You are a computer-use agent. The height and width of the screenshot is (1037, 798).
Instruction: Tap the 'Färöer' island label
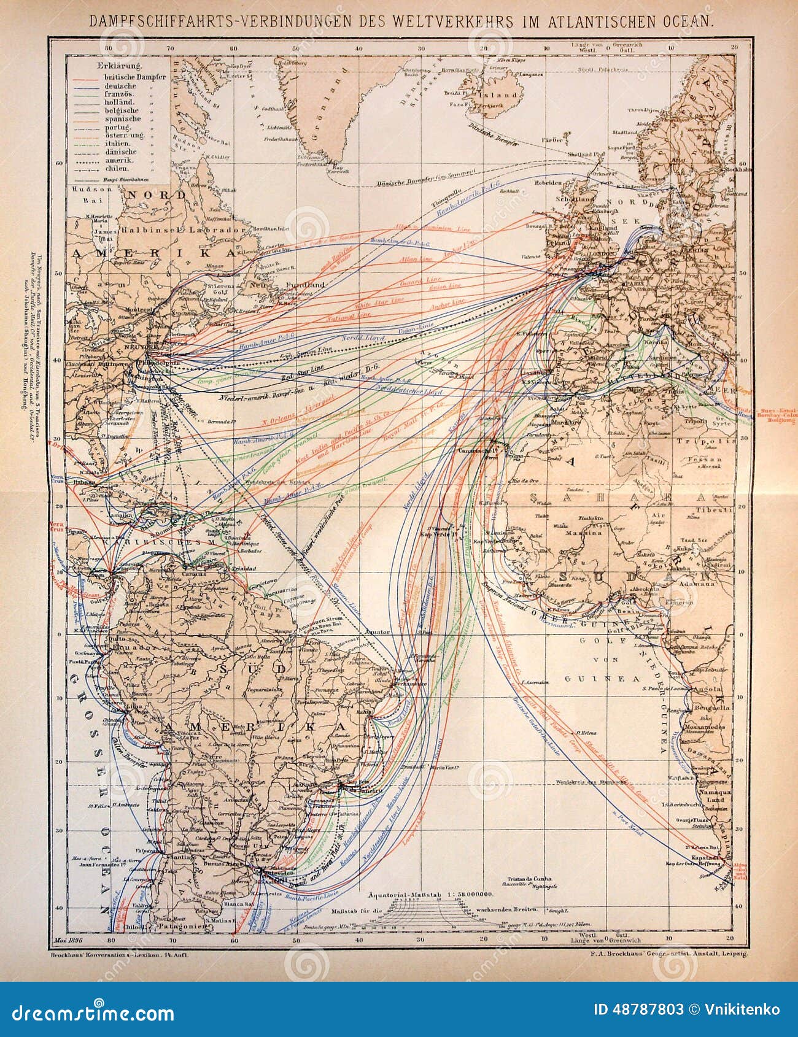[x=549, y=140]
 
